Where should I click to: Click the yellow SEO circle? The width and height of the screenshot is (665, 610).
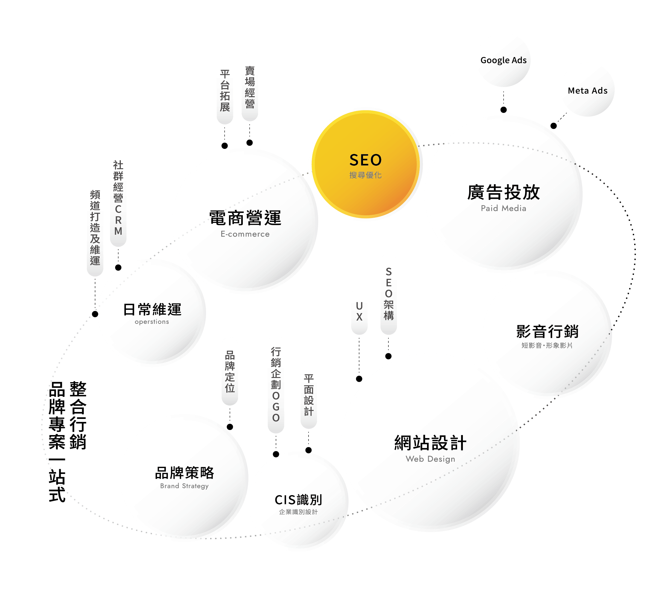365,164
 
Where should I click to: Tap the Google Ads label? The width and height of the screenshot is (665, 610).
503,60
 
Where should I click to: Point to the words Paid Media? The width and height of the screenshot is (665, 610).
503,208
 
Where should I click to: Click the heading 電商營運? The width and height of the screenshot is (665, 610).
245,218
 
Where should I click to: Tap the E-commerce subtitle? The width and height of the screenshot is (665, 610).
245,234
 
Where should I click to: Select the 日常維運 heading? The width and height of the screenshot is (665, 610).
152,309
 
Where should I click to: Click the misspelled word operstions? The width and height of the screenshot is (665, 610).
152,322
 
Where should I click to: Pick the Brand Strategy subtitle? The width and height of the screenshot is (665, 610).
184,486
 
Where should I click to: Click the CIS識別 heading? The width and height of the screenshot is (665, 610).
298,500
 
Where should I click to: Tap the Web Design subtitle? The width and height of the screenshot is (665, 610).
430,459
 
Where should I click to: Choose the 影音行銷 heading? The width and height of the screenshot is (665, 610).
547,331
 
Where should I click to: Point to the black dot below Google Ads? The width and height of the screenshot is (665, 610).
504,110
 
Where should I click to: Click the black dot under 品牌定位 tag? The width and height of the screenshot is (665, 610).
230,427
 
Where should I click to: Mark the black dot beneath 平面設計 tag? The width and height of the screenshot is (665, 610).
309,450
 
